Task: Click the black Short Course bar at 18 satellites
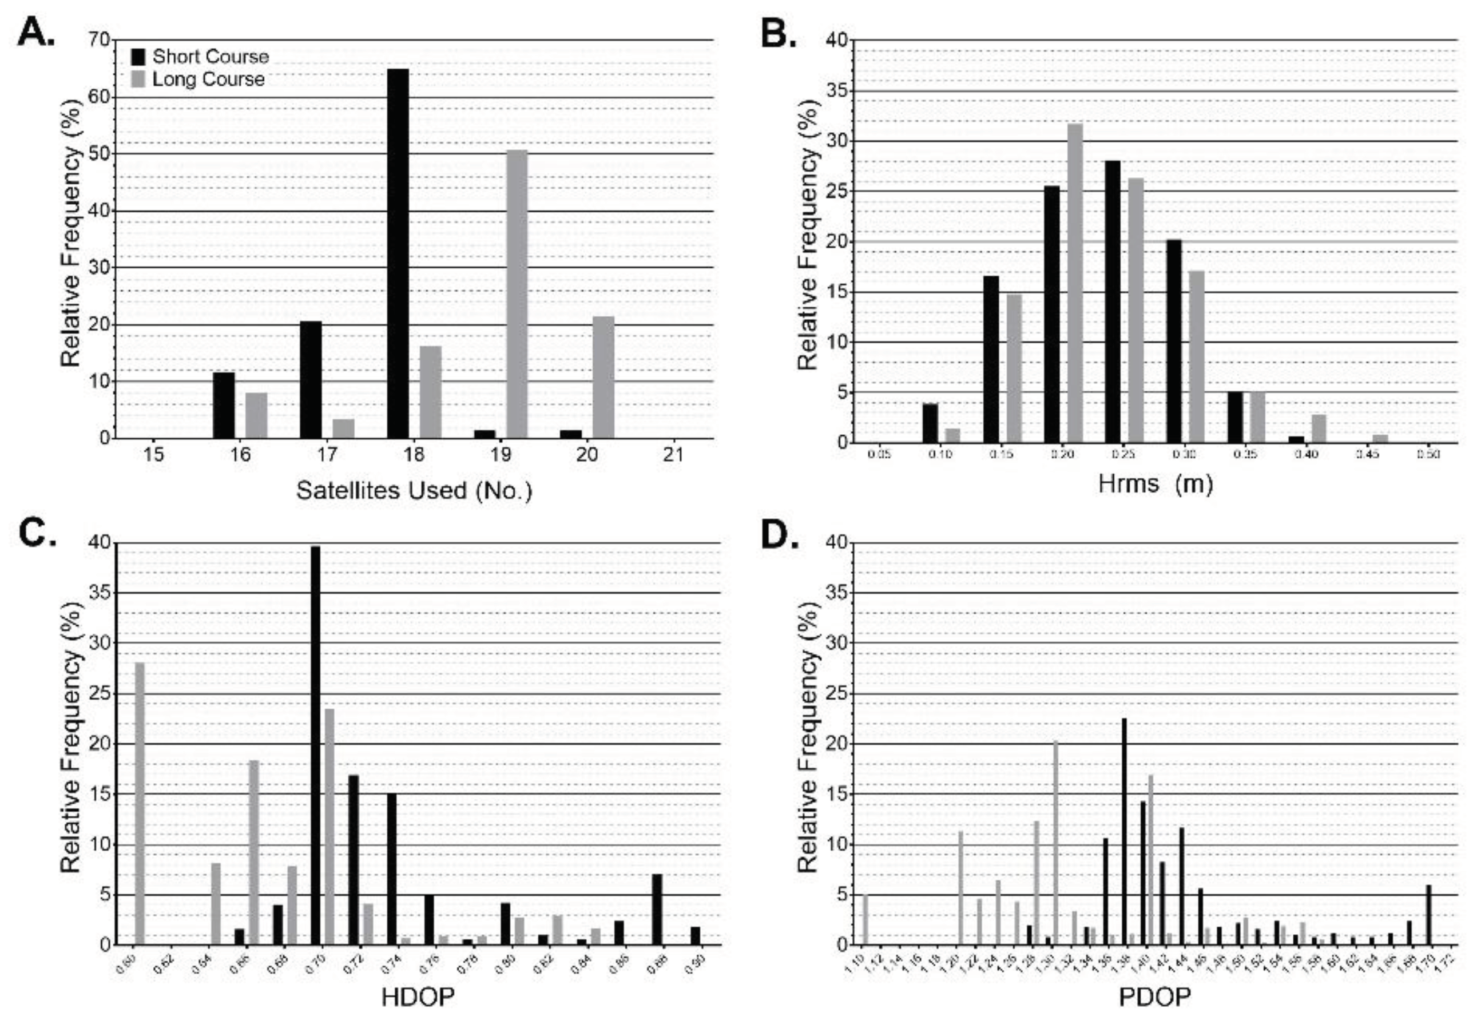[397, 253]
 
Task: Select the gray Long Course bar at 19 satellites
[517, 294]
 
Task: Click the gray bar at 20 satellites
[603, 377]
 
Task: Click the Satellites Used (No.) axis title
[414, 490]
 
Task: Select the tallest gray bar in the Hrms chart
[1075, 282]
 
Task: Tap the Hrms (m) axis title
[1155, 483]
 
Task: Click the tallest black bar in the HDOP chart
[315, 744]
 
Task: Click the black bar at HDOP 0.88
[657, 909]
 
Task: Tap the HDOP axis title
[418, 997]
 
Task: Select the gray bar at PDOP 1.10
[865, 919]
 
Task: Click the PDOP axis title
[1154, 997]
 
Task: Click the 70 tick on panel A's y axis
[99, 40]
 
